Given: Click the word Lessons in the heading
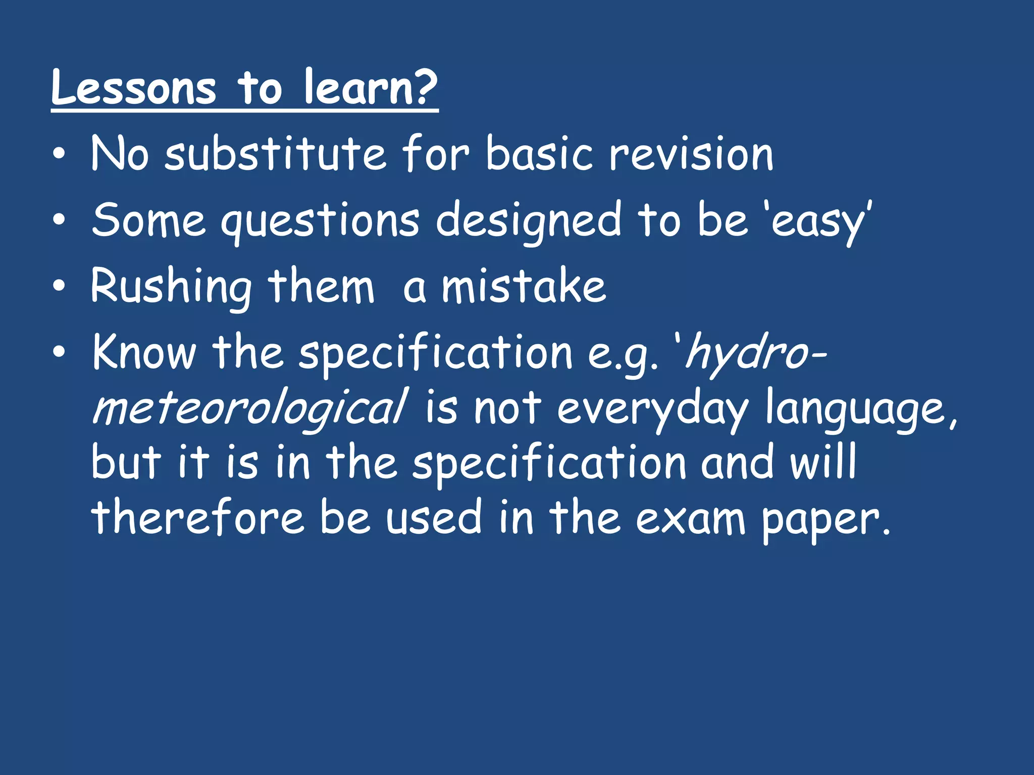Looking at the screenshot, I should [x=134, y=88].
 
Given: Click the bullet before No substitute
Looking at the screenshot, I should [x=59, y=154].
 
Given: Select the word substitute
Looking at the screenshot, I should [x=276, y=153].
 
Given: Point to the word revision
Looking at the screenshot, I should [x=691, y=153].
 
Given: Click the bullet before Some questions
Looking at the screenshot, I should [x=59, y=220].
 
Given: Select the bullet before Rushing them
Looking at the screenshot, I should [x=59, y=287].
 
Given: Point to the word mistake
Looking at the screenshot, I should [x=524, y=287].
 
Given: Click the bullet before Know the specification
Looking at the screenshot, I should [x=59, y=353].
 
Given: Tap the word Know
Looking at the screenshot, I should [x=144, y=352].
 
